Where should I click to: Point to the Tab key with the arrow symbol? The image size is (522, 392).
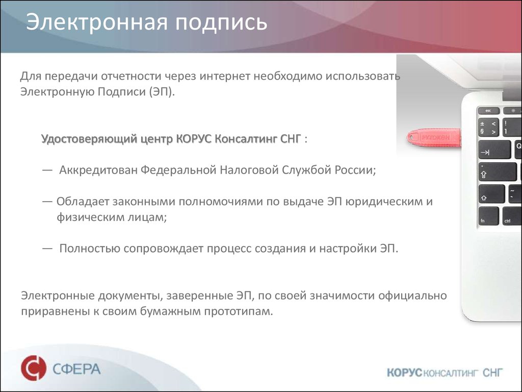tap(493, 152)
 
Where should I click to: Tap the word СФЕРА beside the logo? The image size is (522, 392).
tap(76, 369)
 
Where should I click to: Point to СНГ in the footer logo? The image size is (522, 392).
tap(492, 373)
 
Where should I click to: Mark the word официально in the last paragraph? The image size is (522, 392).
tap(419, 296)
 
